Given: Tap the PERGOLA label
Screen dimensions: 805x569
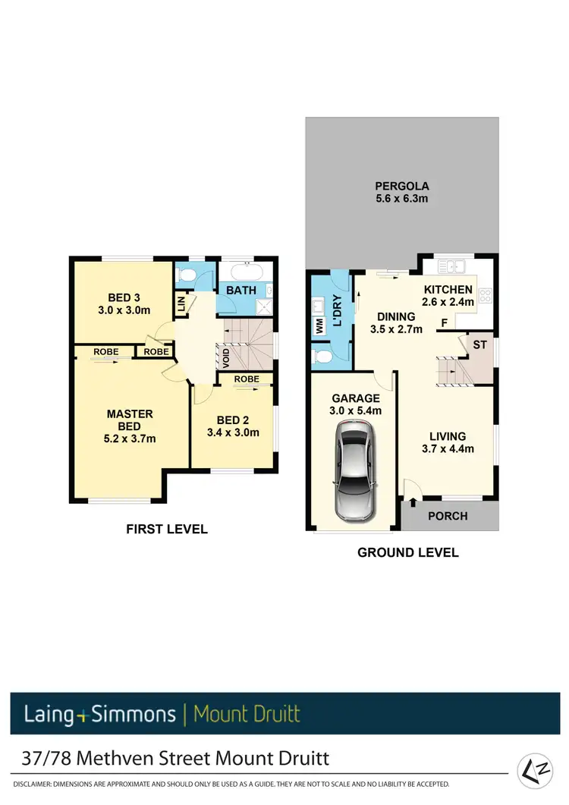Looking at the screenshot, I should click(401, 185).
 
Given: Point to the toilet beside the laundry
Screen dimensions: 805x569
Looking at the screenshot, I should click(321, 354).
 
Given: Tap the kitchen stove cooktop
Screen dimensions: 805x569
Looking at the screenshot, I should click(486, 297).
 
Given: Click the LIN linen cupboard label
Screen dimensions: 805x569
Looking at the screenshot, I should click(181, 304).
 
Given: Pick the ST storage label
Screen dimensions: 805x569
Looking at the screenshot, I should click(479, 344).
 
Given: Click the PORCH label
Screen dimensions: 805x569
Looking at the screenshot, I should click(448, 517).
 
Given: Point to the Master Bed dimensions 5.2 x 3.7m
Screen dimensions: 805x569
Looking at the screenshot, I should click(130, 439).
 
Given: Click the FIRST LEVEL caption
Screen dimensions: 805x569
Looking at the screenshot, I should click(166, 529).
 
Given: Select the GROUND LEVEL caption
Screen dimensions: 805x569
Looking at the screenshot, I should click(407, 552).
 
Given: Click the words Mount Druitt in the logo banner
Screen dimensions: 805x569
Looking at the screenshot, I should click(247, 714).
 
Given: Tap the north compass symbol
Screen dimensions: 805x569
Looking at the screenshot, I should click(536, 771).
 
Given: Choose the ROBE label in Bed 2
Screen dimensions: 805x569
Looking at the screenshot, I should click(247, 379).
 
